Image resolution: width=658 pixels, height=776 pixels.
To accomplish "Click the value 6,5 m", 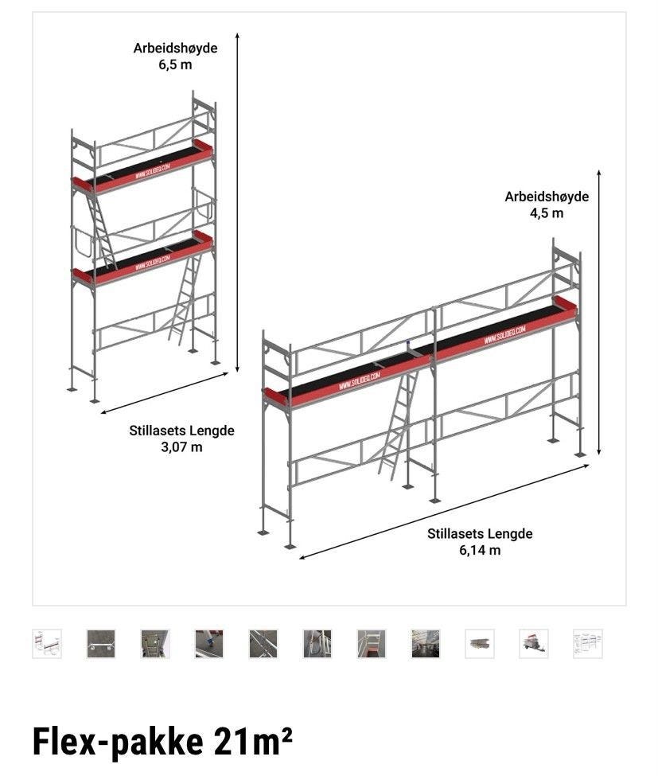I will coord(175,64).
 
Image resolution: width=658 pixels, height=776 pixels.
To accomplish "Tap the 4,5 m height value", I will coord(547,213).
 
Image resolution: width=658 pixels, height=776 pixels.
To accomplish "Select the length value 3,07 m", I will coord(181,446).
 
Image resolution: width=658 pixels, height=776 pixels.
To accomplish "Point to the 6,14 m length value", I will coord(480,550).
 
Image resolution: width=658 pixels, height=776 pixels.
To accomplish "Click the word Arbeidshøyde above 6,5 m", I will coord(175,48).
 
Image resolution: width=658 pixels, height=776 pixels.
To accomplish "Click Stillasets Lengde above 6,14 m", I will coord(480,533).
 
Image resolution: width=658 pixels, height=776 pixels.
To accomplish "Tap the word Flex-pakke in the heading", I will coord(117,741).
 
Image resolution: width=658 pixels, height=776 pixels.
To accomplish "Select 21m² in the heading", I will coord(253,741).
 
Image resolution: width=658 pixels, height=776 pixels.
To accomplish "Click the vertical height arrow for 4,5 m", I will coord(599,310).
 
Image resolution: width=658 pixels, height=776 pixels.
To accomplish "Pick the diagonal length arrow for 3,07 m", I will coord(165,393).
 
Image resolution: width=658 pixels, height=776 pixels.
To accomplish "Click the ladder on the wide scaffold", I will coord(399,426).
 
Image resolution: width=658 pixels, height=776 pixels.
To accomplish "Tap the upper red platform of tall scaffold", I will coord(144,168).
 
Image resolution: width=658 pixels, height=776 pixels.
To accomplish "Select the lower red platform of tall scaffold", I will coord(144,259).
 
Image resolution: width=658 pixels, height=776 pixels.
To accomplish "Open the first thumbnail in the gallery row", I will coord(47,643).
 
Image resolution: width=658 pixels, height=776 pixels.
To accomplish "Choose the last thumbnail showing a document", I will coord(587,643).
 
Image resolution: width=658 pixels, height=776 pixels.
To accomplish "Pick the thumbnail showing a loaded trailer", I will coord(533,643).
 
